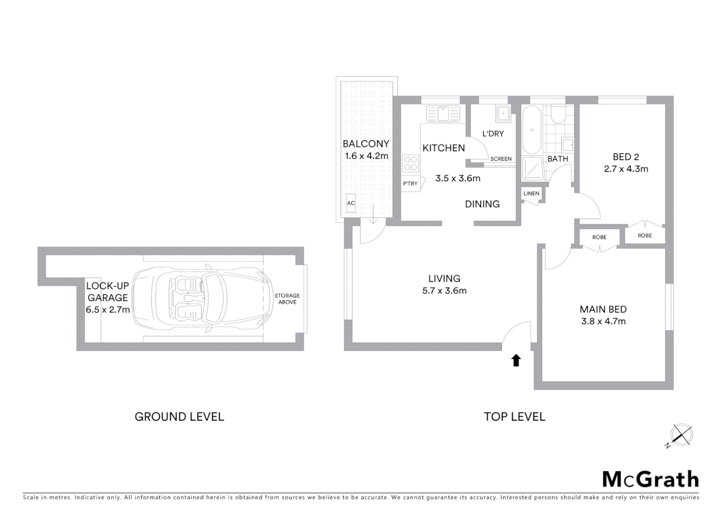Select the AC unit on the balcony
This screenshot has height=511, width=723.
tap(351, 203)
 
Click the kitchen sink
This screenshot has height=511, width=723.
tap(443, 114)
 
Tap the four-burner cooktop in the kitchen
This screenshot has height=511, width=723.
tap(410, 164)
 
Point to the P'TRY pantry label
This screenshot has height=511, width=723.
tap(410, 184)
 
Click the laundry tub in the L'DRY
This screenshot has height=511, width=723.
tap(503, 114)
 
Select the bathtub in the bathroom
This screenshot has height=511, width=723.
tap(532, 130)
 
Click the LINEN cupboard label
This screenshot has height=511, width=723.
tap(531, 194)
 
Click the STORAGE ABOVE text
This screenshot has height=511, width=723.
tap(287, 299)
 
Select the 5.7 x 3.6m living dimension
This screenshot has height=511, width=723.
tap(444, 291)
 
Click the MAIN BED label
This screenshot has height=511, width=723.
tap(603, 309)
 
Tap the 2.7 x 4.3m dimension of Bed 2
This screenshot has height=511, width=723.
tap(626, 169)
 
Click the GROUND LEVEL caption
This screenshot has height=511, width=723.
tap(179, 417)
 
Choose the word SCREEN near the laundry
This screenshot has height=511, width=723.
tap(501, 159)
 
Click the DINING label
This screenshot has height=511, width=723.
tap(482, 204)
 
